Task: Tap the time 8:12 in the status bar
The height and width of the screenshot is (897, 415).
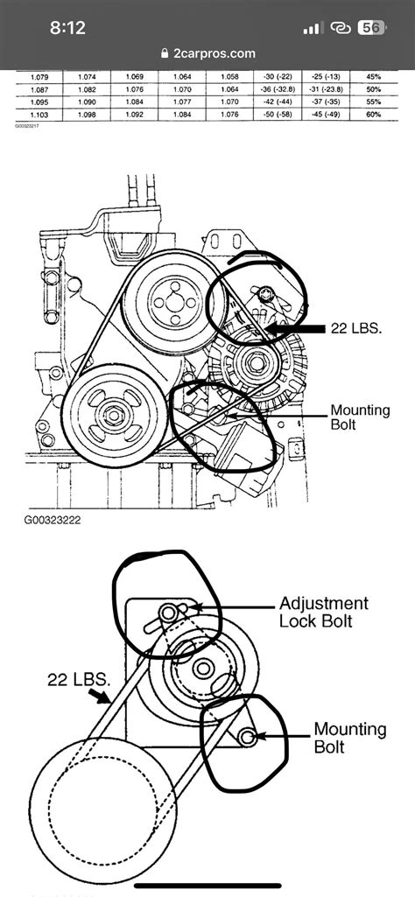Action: point(67,28)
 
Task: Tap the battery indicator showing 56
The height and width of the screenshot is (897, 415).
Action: point(371,28)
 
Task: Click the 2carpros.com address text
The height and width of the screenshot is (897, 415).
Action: point(214,53)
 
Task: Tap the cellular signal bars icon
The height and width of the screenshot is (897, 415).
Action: point(313,28)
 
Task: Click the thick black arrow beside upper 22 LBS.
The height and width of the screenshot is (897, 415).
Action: point(293,328)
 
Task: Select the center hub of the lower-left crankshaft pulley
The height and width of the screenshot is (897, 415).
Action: point(115,411)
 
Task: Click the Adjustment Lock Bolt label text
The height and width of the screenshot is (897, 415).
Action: point(323,612)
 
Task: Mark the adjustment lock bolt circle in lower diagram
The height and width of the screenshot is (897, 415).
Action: point(167,612)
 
